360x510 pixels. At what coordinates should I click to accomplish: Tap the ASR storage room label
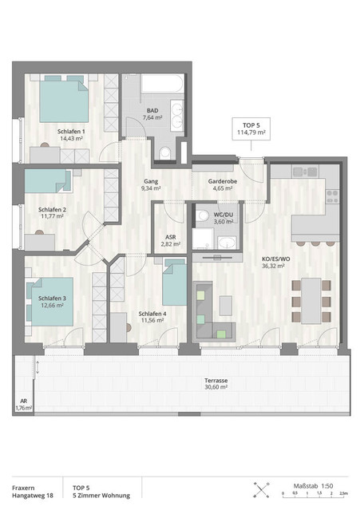click(x=170, y=237)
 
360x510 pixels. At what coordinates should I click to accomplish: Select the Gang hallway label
click(x=150, y=181)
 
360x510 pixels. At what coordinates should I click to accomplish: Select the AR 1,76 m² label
click(x=24, y=405)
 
